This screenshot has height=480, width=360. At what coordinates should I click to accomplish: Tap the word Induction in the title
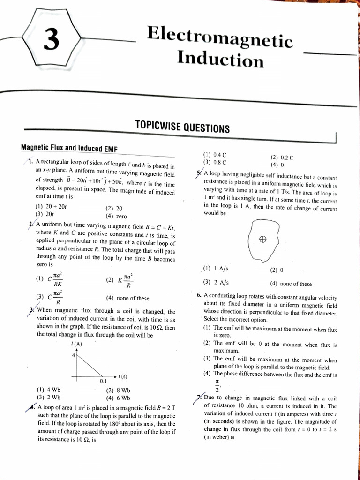coord(220,60)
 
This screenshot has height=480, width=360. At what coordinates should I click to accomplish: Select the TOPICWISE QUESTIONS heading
coord(182,127)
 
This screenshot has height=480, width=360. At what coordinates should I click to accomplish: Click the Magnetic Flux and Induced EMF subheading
coord(69,148)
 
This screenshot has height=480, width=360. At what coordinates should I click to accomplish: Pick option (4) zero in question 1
coord(116,216)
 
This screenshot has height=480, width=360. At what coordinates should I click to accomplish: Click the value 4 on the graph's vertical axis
coord(73,355)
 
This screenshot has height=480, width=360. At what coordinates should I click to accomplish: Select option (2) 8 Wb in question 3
coord(118,390)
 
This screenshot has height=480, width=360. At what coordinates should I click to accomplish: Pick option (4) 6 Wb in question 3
coord(118,397)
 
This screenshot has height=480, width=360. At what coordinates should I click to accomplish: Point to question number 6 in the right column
coord(199,297)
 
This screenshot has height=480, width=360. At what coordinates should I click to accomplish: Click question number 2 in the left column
coord(31,225)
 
